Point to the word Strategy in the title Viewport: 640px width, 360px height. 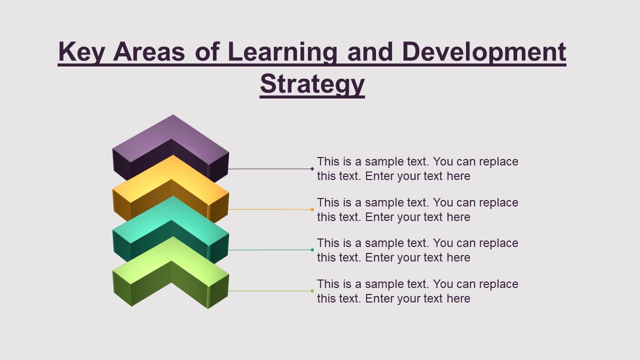(x=312, y=84)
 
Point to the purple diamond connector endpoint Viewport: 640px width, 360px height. (x=312, y=169)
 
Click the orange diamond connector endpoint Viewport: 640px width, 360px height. (x=312, y=209)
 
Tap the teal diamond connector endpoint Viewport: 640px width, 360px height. (x=312, y=249)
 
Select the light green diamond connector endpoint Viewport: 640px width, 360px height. (x=312, y=290)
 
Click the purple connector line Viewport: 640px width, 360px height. (x=270, y=169)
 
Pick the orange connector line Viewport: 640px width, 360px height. (x=270, y=209)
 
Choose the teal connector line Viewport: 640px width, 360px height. (x=270, y=249)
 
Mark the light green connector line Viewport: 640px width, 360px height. (x=270, y=290)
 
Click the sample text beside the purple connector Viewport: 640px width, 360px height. (x=417, y=169)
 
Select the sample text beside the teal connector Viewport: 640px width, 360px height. (x=417, y=250)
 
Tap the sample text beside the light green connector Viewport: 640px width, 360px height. (x=417, y=291)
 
